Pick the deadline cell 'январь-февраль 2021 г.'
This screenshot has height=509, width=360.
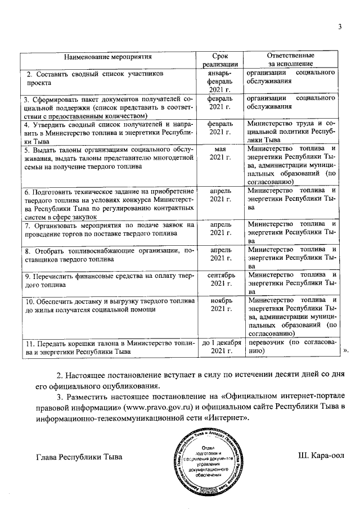click(220, 82)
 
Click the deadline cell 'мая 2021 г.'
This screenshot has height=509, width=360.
click(220, 152)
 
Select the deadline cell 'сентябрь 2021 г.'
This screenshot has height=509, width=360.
click(220, 280)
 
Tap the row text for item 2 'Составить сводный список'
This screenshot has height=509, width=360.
click(96, 78)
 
